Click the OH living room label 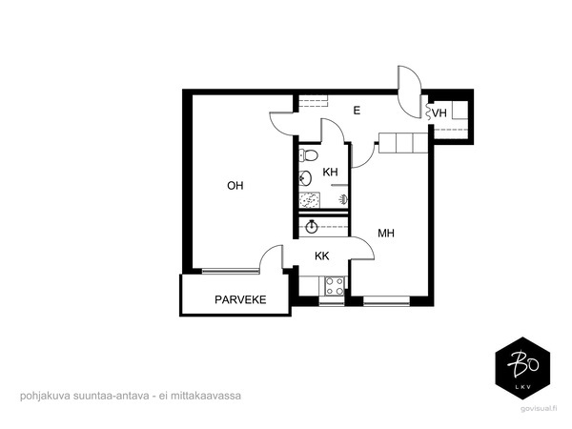[235, 186]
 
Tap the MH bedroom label [386, 233]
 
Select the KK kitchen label [322, 256]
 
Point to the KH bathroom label [330, 172]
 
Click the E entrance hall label [357, 111]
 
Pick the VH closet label [439, 113]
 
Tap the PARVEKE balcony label [240, 300]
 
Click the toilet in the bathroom [308, 155]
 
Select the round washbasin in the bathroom [305, 178]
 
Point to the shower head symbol [343, 199]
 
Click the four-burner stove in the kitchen [335, 286]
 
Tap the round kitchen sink [312, 227]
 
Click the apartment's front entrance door [409, 92]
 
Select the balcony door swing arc [267, 252]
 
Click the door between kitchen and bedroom [363, 249]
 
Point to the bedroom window [387, 301]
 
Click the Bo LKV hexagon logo [522, 368]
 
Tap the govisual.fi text [539, 409]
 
